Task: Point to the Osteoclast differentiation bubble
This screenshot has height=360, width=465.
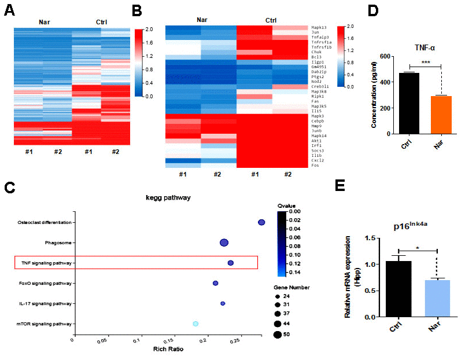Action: coord(261,222)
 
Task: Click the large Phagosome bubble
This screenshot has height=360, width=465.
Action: coord(224,243)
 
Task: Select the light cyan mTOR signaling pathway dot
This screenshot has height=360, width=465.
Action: coord(195,324)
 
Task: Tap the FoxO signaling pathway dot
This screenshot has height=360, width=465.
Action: coord(215,283)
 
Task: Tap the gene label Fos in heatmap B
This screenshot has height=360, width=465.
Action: coord(315,166)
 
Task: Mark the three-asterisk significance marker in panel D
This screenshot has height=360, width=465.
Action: coord(425,62)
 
